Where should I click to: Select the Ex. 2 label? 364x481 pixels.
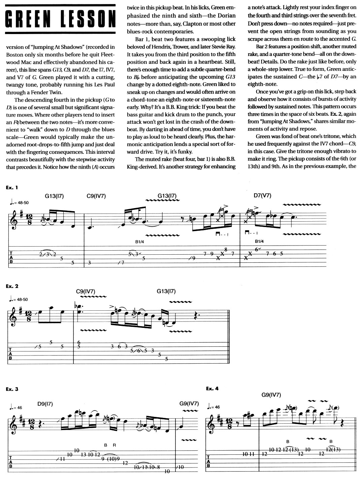tap(12, 286)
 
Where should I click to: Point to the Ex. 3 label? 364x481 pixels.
tap(12, 389)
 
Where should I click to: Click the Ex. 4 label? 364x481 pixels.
tap(212, 388)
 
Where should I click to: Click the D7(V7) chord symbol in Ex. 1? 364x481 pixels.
tap(262, 196)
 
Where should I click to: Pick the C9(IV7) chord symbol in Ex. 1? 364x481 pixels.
tap(96, 196)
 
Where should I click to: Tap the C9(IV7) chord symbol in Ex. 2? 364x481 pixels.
tap(86, 291)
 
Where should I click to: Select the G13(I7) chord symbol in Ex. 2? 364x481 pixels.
tap(166, 291)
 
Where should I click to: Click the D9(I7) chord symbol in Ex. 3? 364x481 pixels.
tap(45, 403)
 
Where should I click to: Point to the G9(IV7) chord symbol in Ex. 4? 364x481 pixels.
tap(271, 395)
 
